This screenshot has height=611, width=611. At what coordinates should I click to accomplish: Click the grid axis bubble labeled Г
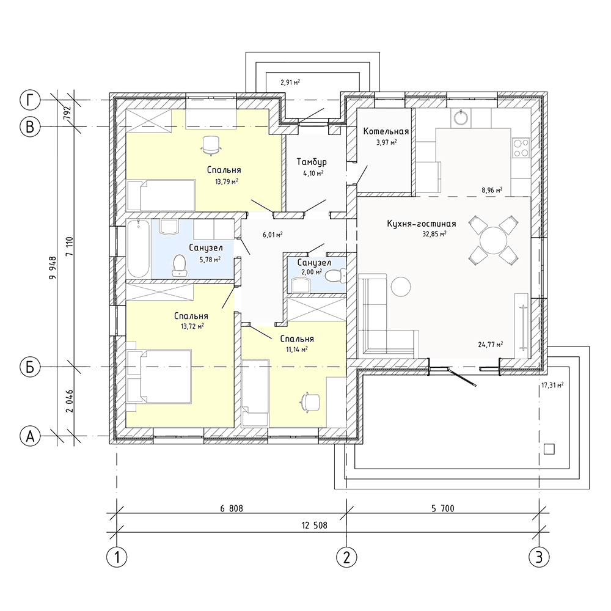tap(30, 101)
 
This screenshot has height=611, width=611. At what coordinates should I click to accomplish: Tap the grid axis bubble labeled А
tap(30, 436)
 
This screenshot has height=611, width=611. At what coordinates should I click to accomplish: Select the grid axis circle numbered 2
tap(346, 557)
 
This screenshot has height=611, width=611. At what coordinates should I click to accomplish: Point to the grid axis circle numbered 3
tap(539, 557)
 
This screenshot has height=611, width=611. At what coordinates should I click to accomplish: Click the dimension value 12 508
tap(315, 525)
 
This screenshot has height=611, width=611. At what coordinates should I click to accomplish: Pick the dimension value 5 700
tap(442, 508)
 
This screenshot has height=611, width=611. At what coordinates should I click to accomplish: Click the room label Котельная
tap(386, 131)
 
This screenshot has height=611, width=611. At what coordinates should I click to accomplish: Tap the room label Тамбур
tap(312, 162)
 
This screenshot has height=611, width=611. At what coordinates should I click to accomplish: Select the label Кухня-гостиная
tap(421, 224)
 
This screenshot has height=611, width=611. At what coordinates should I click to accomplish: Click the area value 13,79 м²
tap(227, 181)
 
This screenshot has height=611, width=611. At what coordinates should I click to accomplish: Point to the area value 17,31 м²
tap(552, 386)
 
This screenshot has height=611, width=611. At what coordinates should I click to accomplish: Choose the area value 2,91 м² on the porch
tap(290, 82)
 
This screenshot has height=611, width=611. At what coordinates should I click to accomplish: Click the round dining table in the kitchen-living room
tap(493, 240)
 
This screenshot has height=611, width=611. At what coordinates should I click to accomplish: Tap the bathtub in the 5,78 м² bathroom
tap(138, 249)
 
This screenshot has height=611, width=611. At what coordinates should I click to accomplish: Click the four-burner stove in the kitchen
tap(521, 148)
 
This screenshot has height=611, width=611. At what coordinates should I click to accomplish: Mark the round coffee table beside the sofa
tap(401, 287)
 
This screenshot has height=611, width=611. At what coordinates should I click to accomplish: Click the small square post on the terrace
tap(549, 449)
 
